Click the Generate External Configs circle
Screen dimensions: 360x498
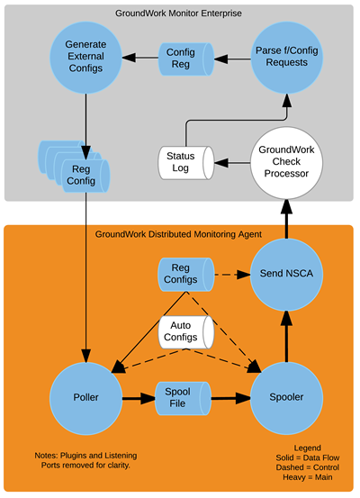(x=85, y=58)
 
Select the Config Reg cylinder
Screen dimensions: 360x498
(x=186, y=59)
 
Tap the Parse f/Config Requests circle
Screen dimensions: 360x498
(x=287, y=58)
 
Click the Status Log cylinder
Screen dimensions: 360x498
(x=186, y=163)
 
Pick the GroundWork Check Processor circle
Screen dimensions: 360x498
(x=287, y=163)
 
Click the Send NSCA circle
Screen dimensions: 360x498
(x=287, y=274)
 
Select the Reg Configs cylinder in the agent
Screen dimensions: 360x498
(x=186, y=275)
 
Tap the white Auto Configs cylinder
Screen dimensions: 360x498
(x=186, y=332)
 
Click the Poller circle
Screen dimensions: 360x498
(x=85, y=398)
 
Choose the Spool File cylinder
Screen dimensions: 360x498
(x=184, y=398)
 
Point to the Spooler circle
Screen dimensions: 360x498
(x=287, y=398)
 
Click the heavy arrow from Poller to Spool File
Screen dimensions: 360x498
(x=139, y=398)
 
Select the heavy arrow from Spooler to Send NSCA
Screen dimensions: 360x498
(x=287, y=336)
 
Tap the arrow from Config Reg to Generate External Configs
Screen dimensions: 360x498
(x=140, y=58)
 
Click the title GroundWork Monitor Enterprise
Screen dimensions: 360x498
(x=178, y=14)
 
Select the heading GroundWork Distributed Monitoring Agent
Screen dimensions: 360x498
(x=178, y=234)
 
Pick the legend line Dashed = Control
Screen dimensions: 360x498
(x=307, y=467)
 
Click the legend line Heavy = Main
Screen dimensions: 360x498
(x=307, y=477)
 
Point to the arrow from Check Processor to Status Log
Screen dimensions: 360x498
(x=232, y=163)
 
